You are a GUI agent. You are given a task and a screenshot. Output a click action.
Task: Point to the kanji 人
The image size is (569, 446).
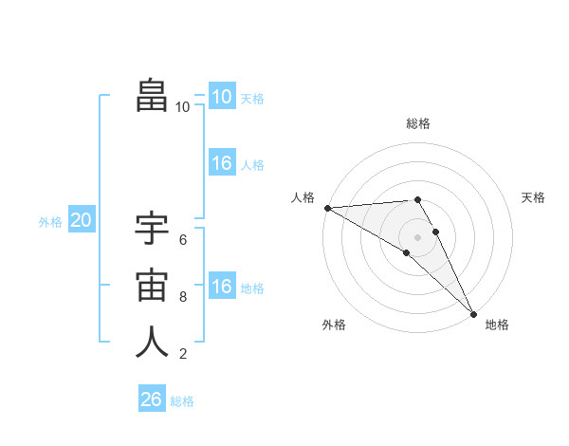[x=152, y=342]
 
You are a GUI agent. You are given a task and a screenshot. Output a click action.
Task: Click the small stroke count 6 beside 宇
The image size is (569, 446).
[x=183, y=240]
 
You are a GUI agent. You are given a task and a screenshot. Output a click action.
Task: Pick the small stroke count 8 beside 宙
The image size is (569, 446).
[x=183, y=297]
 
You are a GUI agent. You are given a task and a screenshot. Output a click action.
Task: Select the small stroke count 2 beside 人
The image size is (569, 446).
[x=183, y=354]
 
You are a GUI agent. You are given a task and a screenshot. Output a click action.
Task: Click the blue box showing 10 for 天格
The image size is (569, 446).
[x=222, y=97]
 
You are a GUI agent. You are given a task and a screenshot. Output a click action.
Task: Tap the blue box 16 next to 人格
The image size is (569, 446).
[x=222, y=163]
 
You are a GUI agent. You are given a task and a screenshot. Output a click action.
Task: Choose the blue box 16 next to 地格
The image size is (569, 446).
[x=222, y=287]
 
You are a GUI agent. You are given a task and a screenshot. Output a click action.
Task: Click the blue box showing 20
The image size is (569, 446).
[x=82, y=221]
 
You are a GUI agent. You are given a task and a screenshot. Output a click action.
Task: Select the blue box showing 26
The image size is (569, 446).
[x=151, y=400]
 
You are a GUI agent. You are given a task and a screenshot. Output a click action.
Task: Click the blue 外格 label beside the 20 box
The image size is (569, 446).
[x=50, y=222]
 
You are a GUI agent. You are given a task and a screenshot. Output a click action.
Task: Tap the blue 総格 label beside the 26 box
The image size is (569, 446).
[x=182, y=401]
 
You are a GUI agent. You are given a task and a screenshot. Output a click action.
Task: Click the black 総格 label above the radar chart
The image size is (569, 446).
[x=417, y=123]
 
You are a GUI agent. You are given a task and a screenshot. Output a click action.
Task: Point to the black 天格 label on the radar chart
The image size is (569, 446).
[x=534, y=197]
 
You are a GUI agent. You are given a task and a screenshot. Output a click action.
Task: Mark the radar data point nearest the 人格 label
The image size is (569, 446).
[x=327, y=207]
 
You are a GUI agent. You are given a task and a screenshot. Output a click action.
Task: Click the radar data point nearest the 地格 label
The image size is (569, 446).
[x=473, y=312]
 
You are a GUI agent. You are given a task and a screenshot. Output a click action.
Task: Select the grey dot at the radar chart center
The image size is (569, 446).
[x=417, y=235]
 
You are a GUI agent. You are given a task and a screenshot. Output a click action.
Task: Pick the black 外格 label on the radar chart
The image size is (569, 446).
[x=334, y=325]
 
